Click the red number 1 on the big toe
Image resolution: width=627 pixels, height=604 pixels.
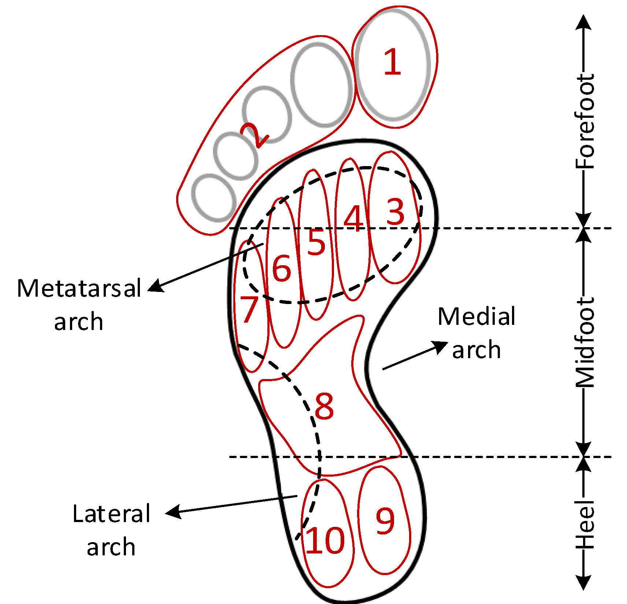point(393,62)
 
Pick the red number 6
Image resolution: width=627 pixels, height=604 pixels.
point(282,268)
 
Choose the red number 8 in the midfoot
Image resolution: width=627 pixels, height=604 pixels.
point(324,406)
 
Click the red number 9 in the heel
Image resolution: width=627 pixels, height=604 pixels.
point(385,521)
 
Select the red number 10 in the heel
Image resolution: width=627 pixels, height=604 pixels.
point(325,540)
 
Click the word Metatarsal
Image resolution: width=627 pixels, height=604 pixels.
point(79,288)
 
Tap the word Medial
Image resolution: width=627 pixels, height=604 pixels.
point(476,316)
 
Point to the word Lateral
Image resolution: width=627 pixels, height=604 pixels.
point(111,513)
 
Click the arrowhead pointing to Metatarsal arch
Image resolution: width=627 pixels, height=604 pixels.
point(156,286)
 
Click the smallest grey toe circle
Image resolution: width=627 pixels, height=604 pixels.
point(214,198)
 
